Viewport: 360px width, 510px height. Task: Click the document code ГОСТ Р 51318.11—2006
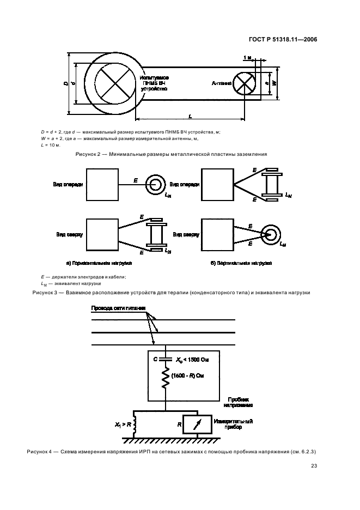click(283, 40)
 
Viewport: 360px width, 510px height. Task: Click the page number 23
click(314, 466)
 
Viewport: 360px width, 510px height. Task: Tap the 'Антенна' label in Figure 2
click(222, 83)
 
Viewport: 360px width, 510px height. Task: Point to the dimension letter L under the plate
click(190, 116)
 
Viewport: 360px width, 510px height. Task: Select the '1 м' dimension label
click(247, 58)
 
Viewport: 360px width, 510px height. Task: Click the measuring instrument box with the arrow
click(197, 424)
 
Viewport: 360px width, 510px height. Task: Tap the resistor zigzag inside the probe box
click(166, 377)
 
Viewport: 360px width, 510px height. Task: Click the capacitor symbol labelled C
click(166, 360)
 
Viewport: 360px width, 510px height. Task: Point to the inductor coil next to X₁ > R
click(133, 424)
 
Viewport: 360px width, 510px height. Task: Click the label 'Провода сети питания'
click(118, 308)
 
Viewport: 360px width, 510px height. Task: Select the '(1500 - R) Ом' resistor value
click(188, 375)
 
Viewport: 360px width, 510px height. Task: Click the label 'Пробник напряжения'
click(238, 402)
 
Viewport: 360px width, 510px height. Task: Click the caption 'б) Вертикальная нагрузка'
click(241, 263)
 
